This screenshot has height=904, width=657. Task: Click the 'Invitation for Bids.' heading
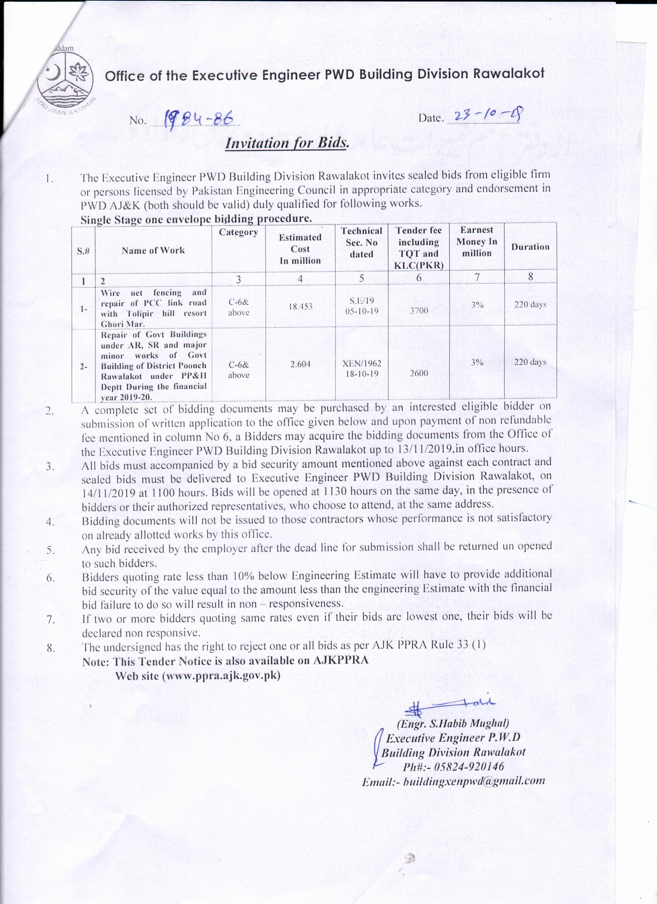click(287, 143)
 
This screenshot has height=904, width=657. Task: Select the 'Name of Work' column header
click(153, 250)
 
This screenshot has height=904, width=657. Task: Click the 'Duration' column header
click(530, 247)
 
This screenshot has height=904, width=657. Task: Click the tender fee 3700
click(419, 310)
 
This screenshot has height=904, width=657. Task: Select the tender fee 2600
click(419, 374)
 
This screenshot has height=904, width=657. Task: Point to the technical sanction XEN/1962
click(361, 363)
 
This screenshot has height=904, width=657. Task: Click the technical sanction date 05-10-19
click(361, 311)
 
